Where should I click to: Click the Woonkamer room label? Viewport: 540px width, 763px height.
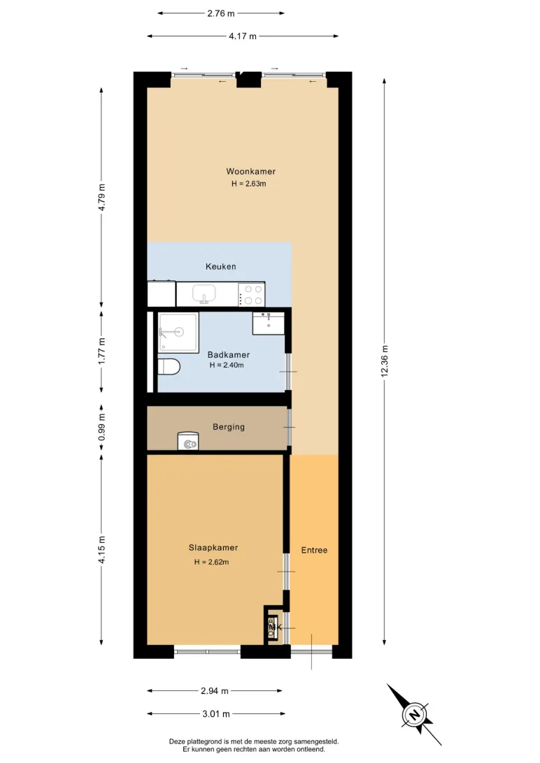[251, 171]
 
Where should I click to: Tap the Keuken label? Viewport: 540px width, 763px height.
[220, 266]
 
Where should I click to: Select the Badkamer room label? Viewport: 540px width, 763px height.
[228, 355]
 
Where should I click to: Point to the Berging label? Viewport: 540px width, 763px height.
[228, 427]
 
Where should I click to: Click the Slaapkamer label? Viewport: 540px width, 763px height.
[213, 547]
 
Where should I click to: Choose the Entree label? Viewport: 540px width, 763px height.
[314, 550]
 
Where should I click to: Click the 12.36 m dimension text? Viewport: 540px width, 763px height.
[385, 361]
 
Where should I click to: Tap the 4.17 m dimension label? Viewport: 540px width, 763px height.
[243, 36]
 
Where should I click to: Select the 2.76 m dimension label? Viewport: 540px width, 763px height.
[220, 13]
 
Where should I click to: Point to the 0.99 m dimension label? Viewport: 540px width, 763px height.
[101, 427]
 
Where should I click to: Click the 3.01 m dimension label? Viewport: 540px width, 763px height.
[216, 714]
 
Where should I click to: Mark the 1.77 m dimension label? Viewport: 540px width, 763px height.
[101, 351]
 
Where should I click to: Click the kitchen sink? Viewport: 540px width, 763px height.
[204, 294]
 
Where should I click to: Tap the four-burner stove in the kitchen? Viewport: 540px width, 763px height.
[251, 294]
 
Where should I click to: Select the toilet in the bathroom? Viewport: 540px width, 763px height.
[169, 366]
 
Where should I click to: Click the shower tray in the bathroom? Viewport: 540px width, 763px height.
[178, 333]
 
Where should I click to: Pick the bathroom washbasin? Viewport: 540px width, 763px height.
[269, 324]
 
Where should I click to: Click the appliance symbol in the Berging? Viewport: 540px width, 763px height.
[188, 441]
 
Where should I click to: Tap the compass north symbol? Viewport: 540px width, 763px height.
[414, 715]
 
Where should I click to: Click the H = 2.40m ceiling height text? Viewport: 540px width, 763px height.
[227, 365]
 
